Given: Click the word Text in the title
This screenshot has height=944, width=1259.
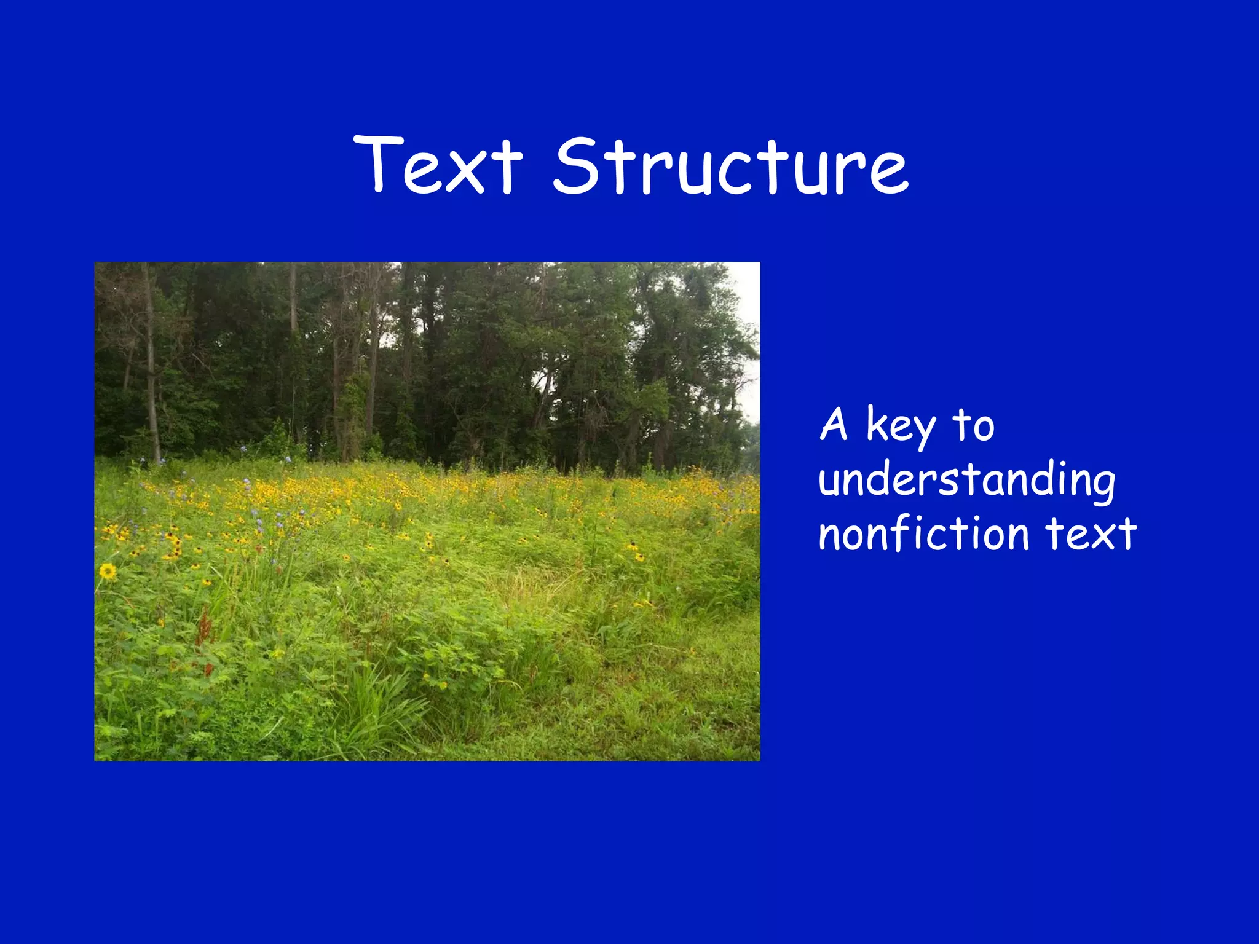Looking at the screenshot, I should [438, 165].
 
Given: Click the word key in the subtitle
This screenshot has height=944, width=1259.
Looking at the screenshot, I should [901, 425].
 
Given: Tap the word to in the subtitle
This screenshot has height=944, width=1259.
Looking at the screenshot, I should [973, 425].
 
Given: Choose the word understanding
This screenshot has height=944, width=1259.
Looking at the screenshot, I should [966, 480].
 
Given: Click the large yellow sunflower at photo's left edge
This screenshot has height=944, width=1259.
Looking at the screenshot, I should [108, 572].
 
